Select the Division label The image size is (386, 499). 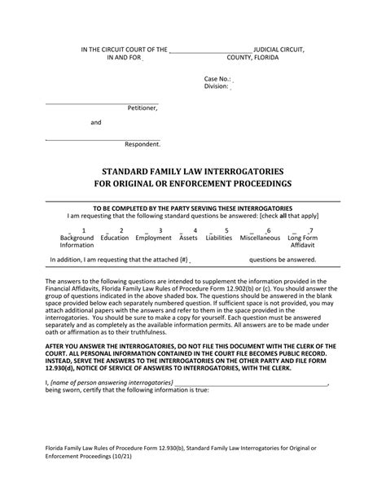tap(217, 87)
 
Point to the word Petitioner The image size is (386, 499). tap(143, 107)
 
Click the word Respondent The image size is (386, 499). tap(143, 144)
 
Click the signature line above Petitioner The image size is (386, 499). tap(101, 101)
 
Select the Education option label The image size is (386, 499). tap(115, 238)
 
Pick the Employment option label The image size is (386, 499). tap(153, 238)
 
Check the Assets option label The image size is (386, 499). tap(188, 238)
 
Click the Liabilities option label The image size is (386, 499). tap(219, 238)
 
